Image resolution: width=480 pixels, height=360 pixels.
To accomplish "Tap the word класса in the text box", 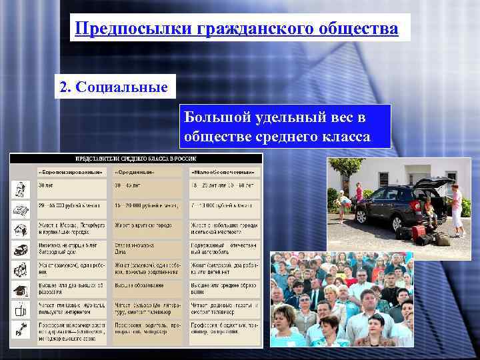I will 346,137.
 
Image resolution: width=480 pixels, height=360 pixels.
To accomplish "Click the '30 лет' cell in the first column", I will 46,185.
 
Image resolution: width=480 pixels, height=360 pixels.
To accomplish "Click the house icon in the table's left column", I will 20,229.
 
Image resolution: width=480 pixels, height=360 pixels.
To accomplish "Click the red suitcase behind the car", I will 418,233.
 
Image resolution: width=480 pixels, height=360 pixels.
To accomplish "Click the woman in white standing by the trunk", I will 457,210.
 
